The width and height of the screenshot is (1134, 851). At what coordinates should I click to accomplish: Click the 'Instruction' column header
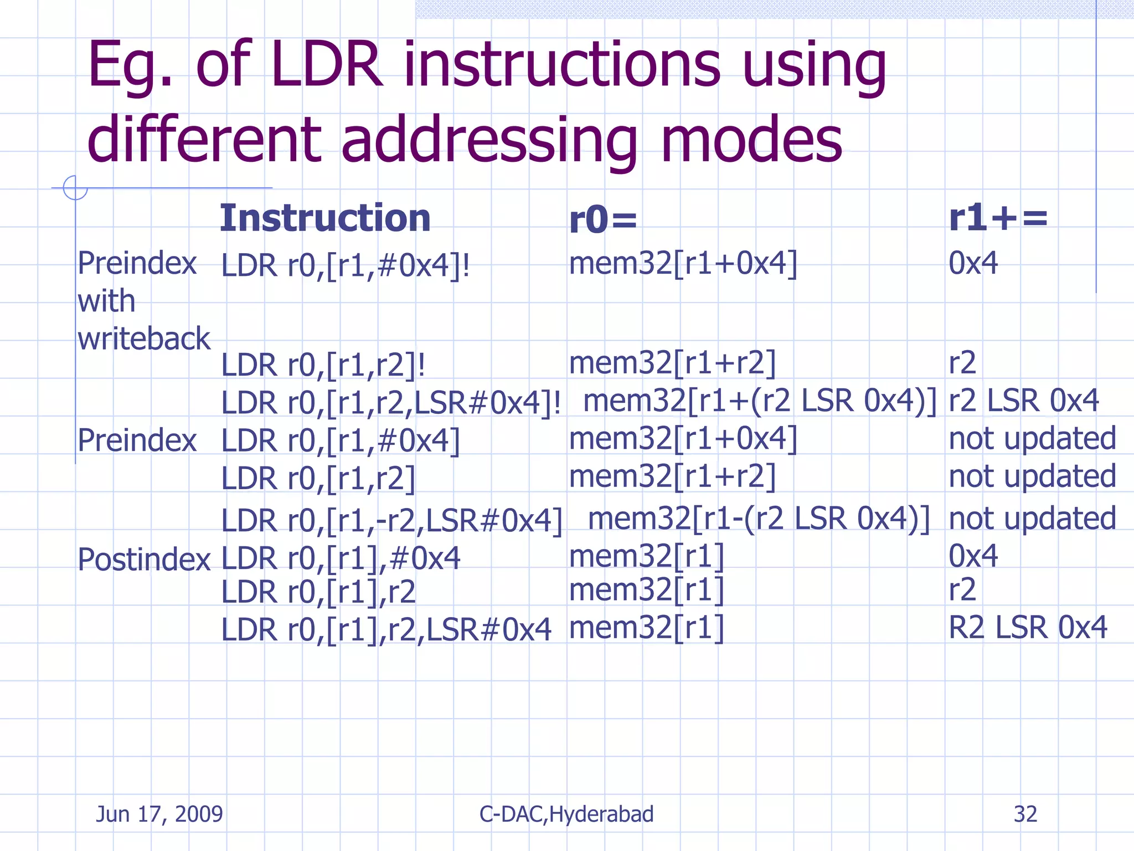tap(325, 218)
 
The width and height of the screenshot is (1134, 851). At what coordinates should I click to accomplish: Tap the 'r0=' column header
tap(603, 220)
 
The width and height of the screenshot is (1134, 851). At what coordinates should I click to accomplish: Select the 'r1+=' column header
tap(998, 218)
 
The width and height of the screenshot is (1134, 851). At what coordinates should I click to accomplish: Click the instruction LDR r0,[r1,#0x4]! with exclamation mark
tap(346, 265)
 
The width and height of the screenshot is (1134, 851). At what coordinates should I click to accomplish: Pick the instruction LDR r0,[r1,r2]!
tap(323, 365)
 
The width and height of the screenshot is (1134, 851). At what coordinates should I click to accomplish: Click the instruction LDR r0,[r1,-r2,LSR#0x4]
tap(391, 521)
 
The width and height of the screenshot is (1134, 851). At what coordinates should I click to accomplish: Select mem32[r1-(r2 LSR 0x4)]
tap(759, 519)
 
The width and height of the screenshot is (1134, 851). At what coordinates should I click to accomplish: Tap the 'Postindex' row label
tap(144, 560)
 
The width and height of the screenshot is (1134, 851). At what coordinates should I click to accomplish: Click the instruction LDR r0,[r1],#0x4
tap(341, 558)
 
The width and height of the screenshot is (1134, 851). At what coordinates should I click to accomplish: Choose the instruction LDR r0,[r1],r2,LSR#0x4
tap(386, 630)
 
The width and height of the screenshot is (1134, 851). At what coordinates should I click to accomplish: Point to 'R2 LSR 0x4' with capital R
tap(1028, 628)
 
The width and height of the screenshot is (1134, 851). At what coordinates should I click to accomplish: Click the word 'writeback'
tap(144, 339)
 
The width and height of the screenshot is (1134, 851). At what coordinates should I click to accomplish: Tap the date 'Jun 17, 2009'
tap(159, 814)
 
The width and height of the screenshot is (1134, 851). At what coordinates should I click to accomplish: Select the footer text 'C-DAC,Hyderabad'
tap(566, 814)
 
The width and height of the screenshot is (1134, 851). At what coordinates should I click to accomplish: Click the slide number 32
tap(1025, 814)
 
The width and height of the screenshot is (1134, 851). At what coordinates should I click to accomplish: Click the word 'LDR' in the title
tap(327, 65)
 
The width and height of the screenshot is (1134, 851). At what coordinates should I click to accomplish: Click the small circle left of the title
tap(75, 188)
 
